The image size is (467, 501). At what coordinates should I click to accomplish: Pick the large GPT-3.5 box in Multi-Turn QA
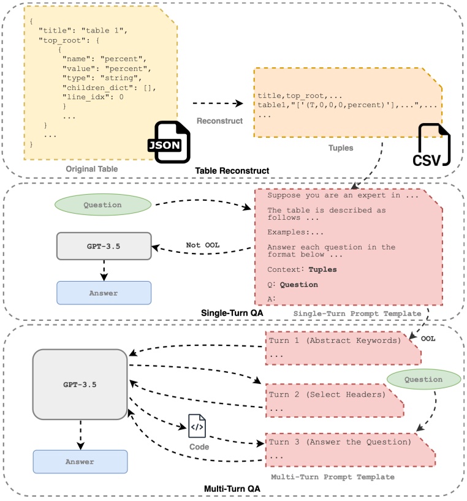tap(81, 384)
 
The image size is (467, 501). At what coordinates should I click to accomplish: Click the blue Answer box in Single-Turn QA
tap(104, 293)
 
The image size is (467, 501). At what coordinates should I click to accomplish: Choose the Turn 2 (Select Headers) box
tap(334, 401)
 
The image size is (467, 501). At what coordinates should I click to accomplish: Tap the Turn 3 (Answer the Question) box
tap(350, 449)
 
